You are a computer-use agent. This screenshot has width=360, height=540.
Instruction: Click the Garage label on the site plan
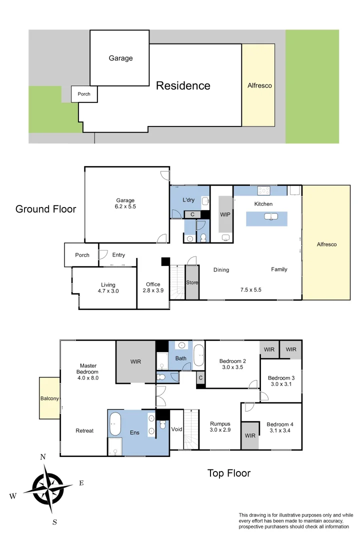120,58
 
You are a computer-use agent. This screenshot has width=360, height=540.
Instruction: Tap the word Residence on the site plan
183,85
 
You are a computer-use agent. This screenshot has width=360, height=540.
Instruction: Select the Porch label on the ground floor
82,255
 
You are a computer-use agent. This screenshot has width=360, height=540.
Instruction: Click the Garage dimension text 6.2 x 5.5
125,206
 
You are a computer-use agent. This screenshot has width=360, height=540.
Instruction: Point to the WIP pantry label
225,214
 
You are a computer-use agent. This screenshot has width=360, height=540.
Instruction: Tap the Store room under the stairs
192,282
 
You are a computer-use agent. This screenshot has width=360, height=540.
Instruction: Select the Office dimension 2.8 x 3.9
153,290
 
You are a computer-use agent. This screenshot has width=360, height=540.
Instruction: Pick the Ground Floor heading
45,209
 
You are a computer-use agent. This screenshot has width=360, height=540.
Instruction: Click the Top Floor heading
228,473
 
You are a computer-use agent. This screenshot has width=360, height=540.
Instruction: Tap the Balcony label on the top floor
49,398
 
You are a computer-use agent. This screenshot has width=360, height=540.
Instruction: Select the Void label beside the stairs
176,429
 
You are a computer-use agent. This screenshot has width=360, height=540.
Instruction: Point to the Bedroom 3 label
281,377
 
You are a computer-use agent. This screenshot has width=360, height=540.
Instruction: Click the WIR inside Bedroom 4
250,435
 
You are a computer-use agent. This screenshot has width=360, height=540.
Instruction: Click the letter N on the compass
43,456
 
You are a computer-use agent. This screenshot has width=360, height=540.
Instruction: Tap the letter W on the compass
13,496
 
